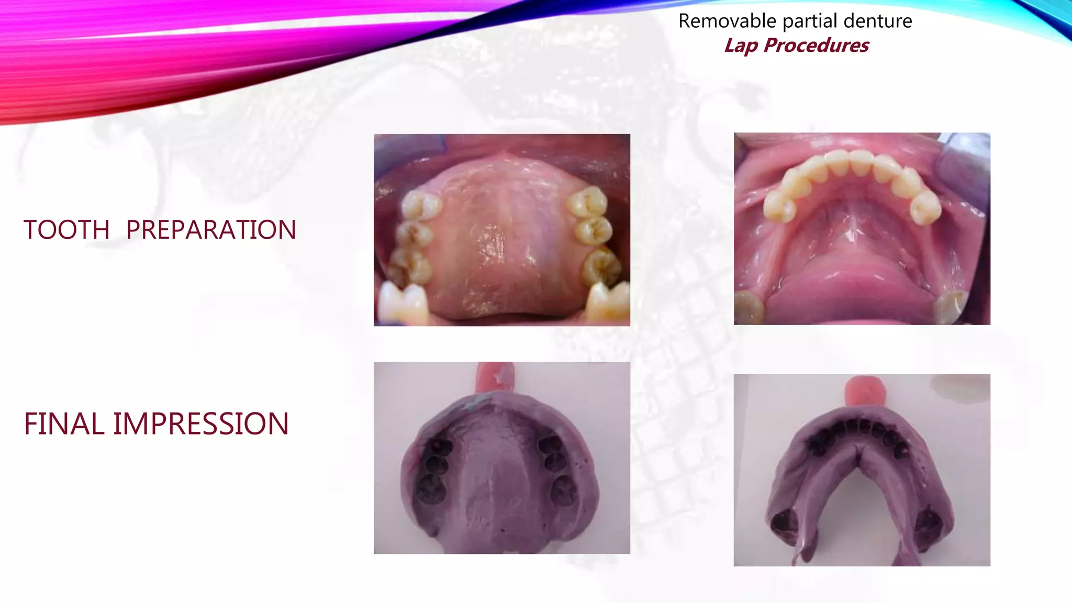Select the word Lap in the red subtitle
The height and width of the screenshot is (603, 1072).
(x=741, y=46)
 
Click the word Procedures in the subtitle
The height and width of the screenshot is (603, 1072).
(x=816, y=46)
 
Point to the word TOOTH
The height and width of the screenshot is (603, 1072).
(x=66, y=230)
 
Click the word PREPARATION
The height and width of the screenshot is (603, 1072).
(x=211, y=230)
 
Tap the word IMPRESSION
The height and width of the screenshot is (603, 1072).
(x=201, y=424)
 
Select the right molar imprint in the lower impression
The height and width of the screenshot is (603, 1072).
(x=930, y=521)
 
